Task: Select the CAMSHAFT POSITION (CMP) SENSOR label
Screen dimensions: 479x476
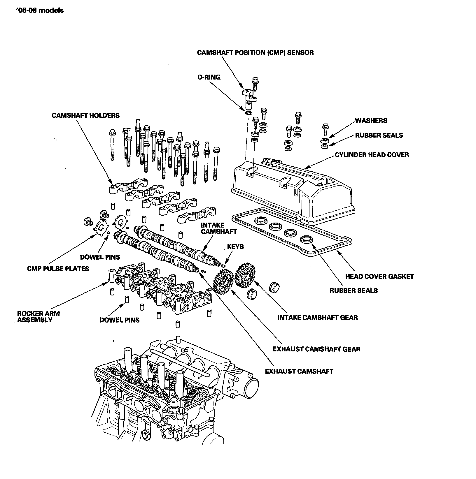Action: tap(255, 53)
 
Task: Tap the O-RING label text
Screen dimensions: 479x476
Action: tap(209, 77)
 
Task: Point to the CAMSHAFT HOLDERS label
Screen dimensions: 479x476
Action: tap(85, 115)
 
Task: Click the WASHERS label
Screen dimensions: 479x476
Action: tap(371, 121)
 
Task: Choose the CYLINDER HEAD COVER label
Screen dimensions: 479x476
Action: tap(372, 154)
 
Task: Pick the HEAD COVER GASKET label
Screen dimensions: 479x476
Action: tap(379, 276)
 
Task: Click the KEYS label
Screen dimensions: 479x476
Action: tap(235, 246)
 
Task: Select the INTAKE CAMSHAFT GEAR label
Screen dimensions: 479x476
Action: tap(317, 317)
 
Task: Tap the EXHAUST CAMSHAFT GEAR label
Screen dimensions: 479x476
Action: tap(316, 349)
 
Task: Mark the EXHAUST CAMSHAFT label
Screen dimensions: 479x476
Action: tap(299, 371)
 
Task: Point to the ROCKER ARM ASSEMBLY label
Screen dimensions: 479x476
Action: tap(38, 317)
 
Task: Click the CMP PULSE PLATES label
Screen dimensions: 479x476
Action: tap(58, 269)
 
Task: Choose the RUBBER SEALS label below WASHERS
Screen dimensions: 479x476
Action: tap(379, 135)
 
